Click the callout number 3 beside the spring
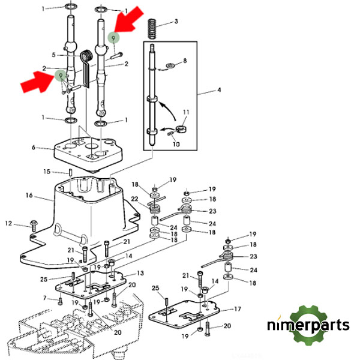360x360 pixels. (x=176, y=22)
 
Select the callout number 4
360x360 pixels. (x=218, y=91)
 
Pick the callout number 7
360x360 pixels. (x=44, y=298)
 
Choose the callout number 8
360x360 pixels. (x=184, y=61)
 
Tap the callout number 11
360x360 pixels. (x=186, y=112)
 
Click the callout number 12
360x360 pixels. (x=9, y=223)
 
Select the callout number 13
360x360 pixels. (x=140, y=273)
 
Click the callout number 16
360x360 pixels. (x=28, y=196)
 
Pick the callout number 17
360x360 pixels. (x=238, y=310)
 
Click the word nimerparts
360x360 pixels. (x=308, y=326)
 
